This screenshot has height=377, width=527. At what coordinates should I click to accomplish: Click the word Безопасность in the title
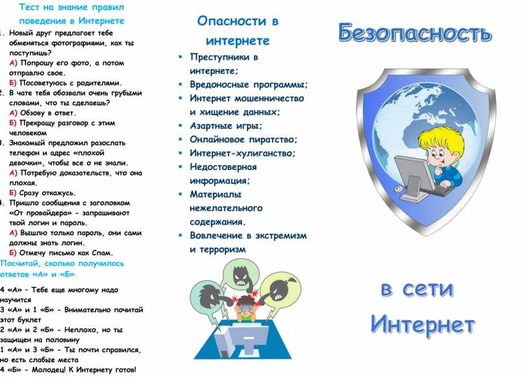click(x=415, y=33)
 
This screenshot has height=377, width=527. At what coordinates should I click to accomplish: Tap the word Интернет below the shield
click(x=423, y=324)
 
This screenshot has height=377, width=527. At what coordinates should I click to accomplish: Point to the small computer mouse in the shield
click(x=398, y=189)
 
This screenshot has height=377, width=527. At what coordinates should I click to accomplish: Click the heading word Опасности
click(x=231, y=21)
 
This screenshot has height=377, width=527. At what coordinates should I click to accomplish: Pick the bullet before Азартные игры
click(x=180, y=126)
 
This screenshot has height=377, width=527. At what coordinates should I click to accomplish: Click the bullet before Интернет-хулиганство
click(x=180, y=153)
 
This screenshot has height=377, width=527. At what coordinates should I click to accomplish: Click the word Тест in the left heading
click(x=29, y=7)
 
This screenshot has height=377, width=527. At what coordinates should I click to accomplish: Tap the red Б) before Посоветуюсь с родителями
click(x=13, y=83)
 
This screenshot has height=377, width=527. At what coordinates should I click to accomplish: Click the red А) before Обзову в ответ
click(x=13, y=113)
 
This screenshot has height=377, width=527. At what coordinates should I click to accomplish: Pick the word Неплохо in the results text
click(x=79, y=330)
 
